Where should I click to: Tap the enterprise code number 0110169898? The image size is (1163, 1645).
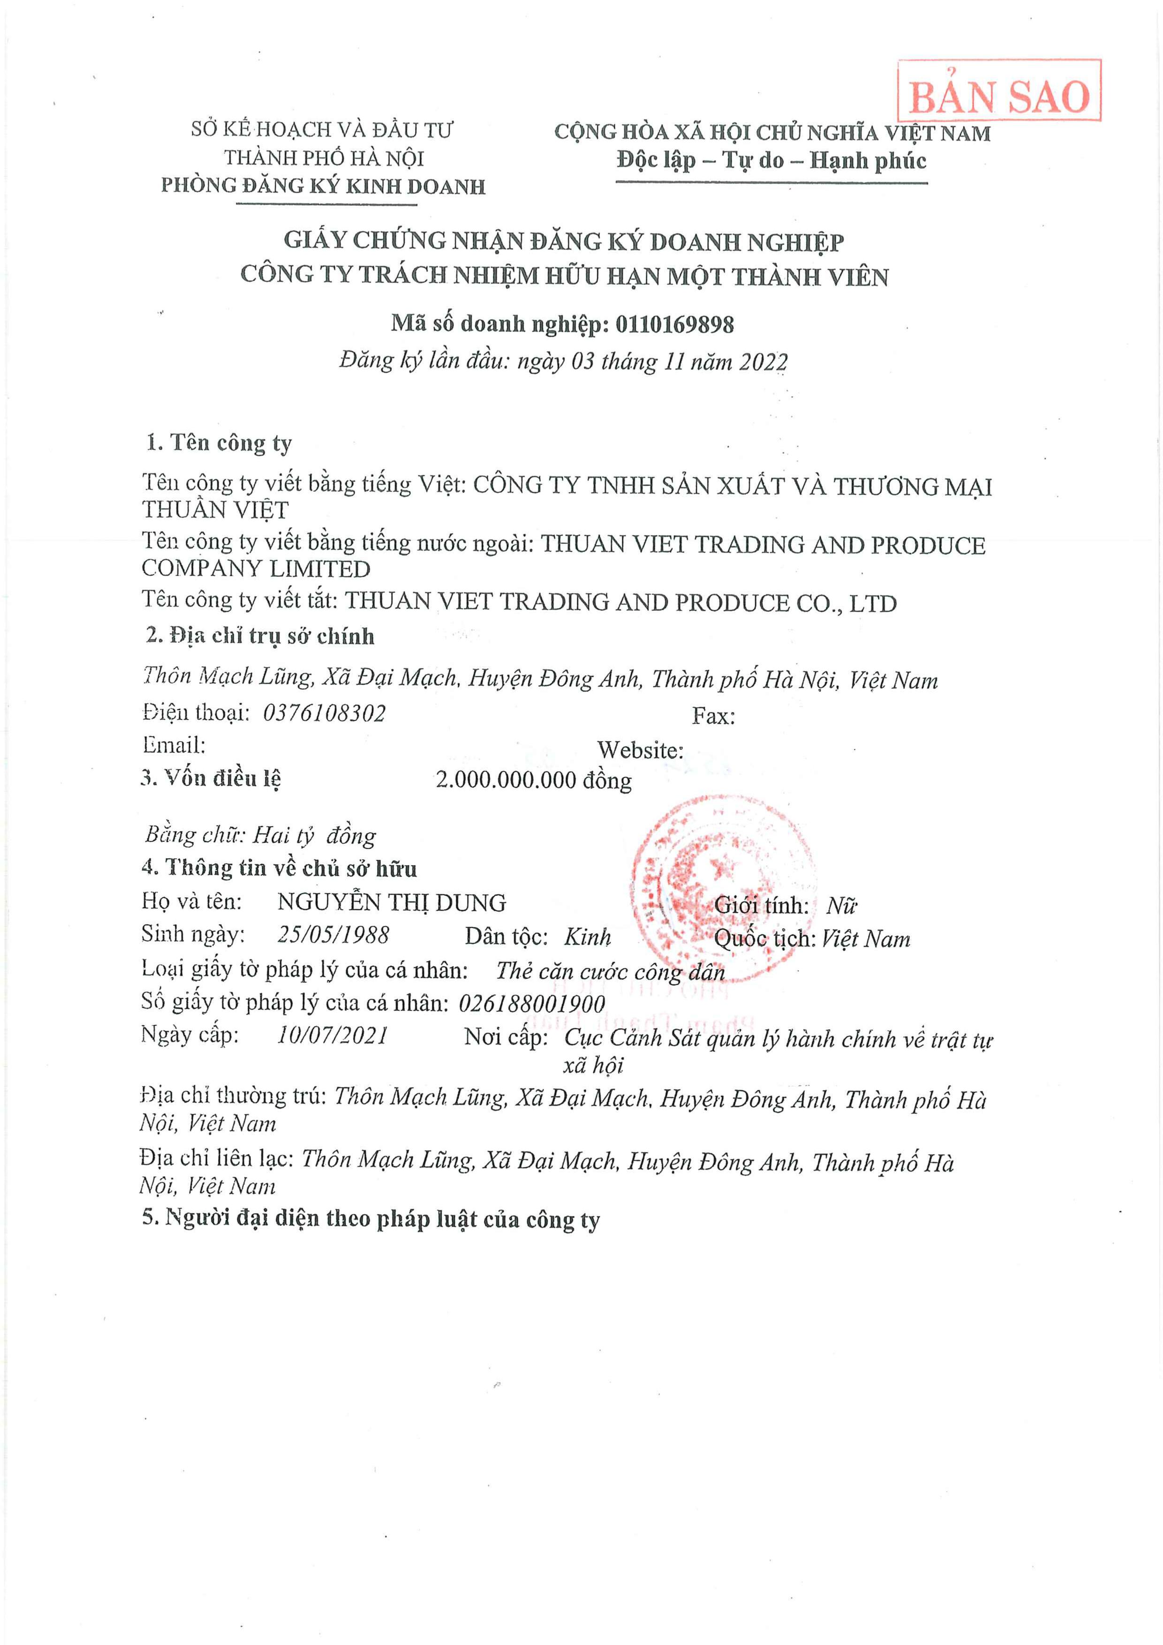click(674, 324)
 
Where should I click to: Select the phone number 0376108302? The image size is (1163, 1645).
click(324, 713)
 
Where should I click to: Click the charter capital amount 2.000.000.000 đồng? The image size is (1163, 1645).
click(533, 780)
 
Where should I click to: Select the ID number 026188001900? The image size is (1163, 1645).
click(532, 1003)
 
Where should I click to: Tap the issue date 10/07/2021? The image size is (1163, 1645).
click(332, 1035)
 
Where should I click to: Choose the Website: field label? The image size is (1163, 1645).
click(640, 750)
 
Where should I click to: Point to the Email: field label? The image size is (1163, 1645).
click(174, 745)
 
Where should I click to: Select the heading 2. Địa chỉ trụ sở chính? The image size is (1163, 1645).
click(259, 636)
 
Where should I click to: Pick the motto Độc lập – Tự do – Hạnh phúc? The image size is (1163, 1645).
click(771, 160)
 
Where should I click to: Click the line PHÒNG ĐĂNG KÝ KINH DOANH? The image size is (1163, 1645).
click(323, 186)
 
